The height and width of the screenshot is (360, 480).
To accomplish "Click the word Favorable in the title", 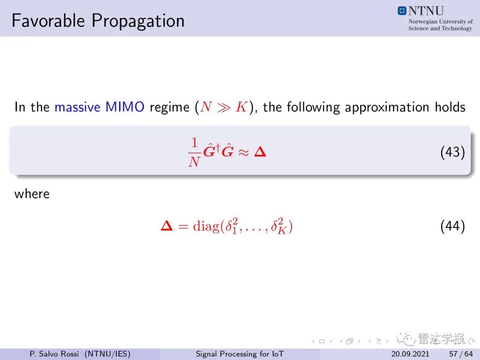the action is coord(48,20).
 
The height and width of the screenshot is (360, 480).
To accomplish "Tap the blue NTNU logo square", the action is coord(402,11).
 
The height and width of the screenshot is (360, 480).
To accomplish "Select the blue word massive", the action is coord(77,107).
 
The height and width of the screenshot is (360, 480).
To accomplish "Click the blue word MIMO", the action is coord(125,107).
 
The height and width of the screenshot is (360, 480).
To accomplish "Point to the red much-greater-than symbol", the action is coord(224,107).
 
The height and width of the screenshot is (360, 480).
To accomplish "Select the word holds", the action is coord(450,107).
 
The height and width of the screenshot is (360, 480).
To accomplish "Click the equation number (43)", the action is coord(453,152).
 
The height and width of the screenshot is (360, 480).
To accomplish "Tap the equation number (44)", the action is coord(453,227).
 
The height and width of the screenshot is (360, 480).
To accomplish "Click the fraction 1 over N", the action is coord(194,152).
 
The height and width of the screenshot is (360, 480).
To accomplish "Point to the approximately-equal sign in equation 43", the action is coord(244,152).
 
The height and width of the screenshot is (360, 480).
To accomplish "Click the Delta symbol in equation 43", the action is coord(260,152).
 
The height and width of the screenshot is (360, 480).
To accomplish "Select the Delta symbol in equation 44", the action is coord(167,226).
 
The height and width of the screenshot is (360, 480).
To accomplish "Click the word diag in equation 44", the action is coord(206,226).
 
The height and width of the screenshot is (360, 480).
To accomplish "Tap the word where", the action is coord(32,194).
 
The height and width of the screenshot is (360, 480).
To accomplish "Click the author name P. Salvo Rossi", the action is coord(54,354).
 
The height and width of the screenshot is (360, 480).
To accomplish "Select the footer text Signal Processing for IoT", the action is coord(240,354).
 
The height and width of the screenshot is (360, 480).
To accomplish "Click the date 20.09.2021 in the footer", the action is coord(410,354).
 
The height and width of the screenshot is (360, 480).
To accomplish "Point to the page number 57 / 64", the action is coord(461,354).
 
